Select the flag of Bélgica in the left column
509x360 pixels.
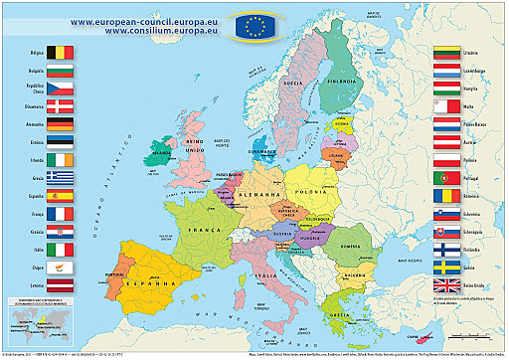pyautogui.click(x=61, y=50)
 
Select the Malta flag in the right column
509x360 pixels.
pyautogui.click(x=447, y=106)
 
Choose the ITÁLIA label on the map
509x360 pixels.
pyautogui.click(x=267, y=273)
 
